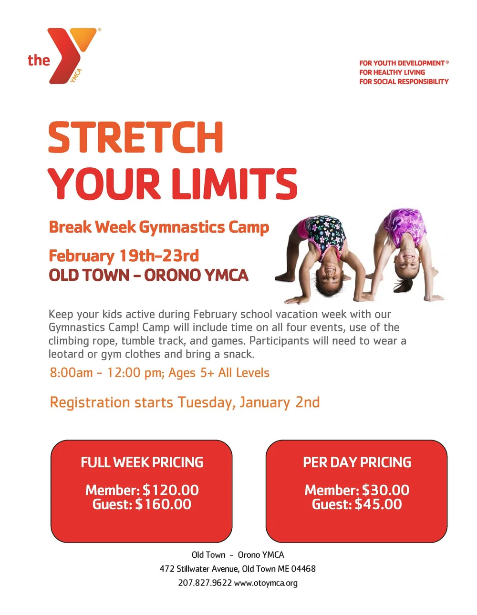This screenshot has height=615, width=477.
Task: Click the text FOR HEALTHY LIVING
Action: (x=392, y=72)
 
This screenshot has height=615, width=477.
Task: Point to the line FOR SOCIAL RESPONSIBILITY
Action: (x=404, y=82)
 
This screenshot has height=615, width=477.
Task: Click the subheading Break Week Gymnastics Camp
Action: (x=159, y=227)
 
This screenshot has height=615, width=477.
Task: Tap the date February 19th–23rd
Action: (x=124, y=256)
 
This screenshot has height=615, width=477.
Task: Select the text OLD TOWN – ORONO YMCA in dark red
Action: (x=148, y=276)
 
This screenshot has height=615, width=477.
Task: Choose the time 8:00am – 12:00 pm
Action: (x=106, y=373)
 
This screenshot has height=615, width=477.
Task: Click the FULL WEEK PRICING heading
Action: (x=142, y=462)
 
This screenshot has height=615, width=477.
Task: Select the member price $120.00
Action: (x=171, y=490)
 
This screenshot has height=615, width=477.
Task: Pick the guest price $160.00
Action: (x=163, y=504)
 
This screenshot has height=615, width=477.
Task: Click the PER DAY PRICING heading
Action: (x=357, y=462)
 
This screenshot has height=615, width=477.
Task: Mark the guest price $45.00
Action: (x=378, y=504)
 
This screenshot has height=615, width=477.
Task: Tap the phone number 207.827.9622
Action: (x=205, y=583)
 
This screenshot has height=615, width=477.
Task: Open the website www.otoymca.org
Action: (x=266, y=583)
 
